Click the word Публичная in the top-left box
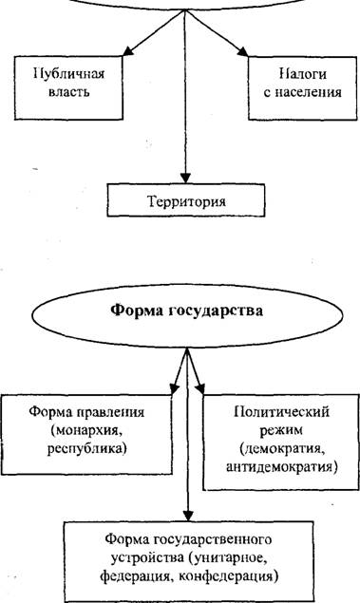[x=69, y=73]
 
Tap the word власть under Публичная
[x=69, y=92]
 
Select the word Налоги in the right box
[x=303, y=73]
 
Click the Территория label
[x=186, y=201]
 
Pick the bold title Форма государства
[x=187, y=311]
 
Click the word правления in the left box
[x=111, y=412]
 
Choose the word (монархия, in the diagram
[x=86, y=430]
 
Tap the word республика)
[x=87, y=448]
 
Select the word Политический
[x=281, y=412]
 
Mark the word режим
[x=281, y=430]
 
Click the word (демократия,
[x=280, y=448]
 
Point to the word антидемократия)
[x=281, y=467]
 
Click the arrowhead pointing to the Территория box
[x=185, y=178]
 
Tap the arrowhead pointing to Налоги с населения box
[x=242, y=51]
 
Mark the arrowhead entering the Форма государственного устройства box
[x=187, y=516]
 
